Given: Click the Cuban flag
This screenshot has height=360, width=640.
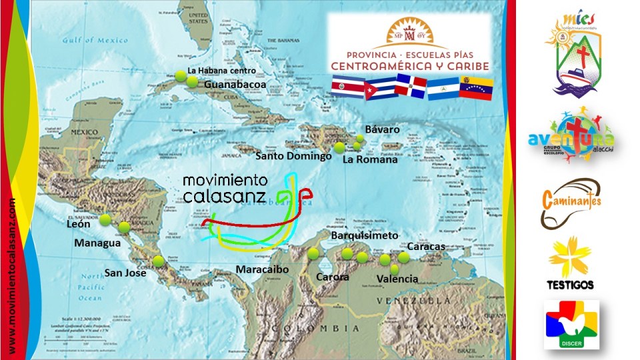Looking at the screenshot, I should [380, 88].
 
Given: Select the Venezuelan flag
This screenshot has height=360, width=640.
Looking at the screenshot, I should [476, 88].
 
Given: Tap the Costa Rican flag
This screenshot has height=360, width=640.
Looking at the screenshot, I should [348, 88].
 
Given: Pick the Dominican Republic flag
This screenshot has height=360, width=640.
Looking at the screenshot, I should [411, 87].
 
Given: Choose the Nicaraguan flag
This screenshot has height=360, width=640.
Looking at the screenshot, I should [443, 88].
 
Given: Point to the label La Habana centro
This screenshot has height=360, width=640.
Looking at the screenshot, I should [221, 71].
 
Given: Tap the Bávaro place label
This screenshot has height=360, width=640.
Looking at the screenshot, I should [383, 129].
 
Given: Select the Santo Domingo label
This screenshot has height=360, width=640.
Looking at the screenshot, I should [293, 157].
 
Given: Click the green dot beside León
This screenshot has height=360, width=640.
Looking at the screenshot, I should [105, 219].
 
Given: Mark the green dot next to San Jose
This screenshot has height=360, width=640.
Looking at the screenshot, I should [158, 261].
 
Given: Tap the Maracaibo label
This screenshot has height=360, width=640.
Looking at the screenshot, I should [263, 269].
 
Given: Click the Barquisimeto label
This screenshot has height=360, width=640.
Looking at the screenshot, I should [365, 236].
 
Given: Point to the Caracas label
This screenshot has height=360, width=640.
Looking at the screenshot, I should [425, 247].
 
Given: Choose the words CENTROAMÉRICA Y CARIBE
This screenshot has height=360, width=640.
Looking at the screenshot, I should [410, 66].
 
